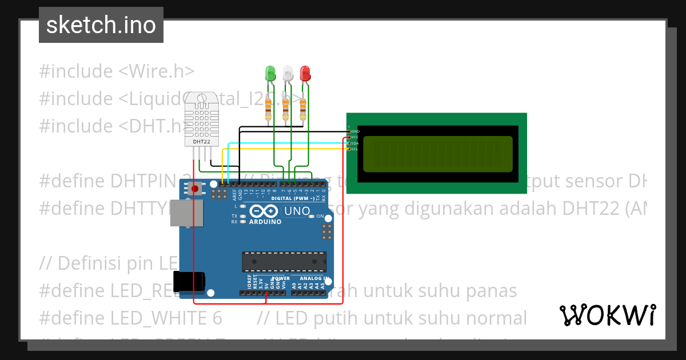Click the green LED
tap(270, 73)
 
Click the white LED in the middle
tap(288, 73)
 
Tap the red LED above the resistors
tap(305, 73)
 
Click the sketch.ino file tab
tap(101, 25)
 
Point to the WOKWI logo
tap(607, 315)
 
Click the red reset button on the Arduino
tap(196, 189)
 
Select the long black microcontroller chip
tap(284, 261)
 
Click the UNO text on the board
tap(297, 211)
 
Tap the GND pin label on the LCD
tap(354, 131)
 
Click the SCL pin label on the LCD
tap(354, 149)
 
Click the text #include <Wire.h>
tap(117, 71)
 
